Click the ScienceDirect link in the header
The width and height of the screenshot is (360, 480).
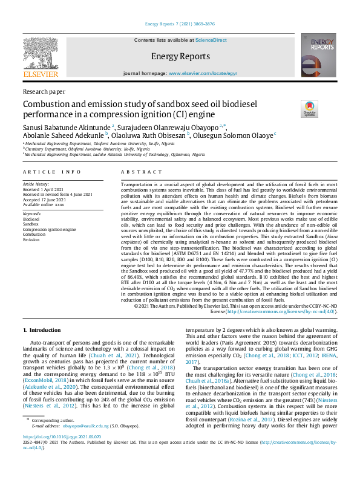pos(211,39)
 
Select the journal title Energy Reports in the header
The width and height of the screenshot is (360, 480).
pos(180,56)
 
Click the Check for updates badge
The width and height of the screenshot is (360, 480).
pos(292,109)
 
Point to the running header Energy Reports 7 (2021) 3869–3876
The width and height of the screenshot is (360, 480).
pos(180,24)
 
